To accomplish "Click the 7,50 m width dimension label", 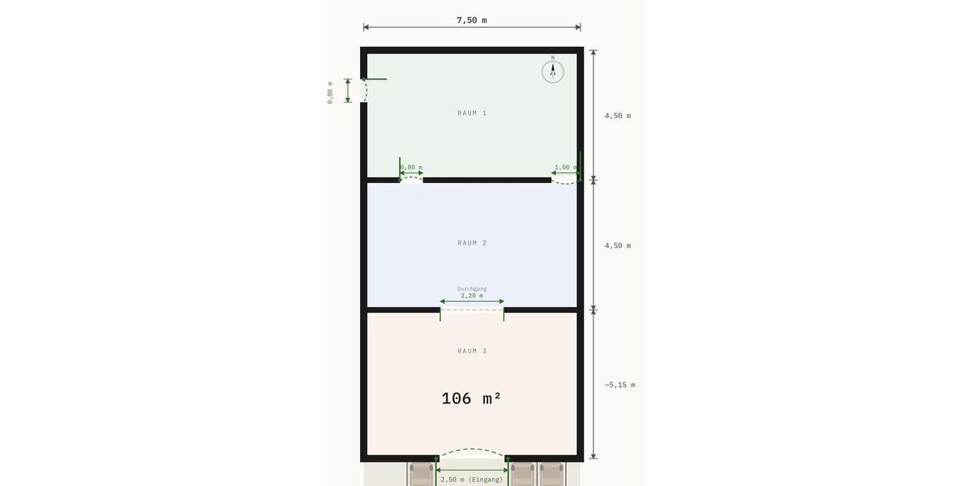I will coord(472,20).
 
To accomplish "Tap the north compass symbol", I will coord(553,71).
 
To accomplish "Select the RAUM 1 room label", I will coord(472,113).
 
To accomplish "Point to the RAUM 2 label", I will coord(472,243).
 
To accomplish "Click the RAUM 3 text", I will coord(472,352).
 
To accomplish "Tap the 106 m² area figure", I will coord(472,399).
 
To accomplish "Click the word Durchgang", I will coord(472,288).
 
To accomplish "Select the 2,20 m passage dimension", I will coord(472,296).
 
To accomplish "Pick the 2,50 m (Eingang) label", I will coord(472,480).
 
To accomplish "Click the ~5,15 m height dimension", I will coord(619,385).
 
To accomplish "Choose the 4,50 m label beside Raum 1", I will coord(618,116).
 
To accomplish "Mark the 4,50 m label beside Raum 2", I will coord(618,245).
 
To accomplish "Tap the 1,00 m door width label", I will coord(565,168).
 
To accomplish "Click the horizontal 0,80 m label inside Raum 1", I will coord(412,168).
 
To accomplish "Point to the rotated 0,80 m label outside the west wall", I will coord(330,92).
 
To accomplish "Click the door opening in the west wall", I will coord(364,91).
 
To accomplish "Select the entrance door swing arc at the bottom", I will coord(472,451).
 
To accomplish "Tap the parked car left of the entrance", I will coord(421,474).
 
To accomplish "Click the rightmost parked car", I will coord(551,474).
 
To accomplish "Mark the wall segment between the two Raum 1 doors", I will coord(486,180).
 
